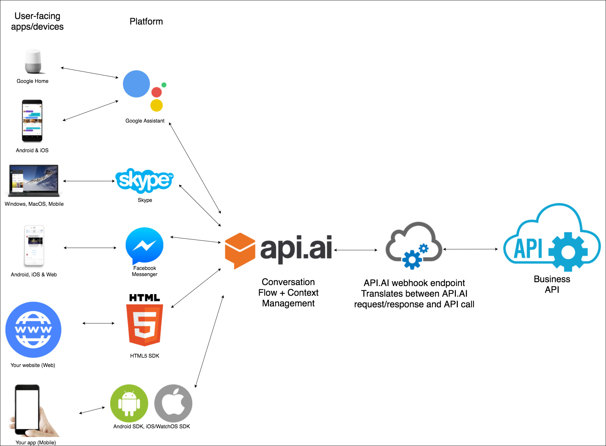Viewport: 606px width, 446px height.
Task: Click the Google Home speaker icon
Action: tap(33, 61)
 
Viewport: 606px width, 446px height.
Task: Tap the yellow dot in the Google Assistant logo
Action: tap(157, 105)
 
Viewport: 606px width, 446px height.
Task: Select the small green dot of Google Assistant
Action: tap(164, 85)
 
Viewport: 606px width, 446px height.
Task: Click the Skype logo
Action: tap(144, 181)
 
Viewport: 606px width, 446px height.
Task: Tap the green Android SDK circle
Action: tap(129, 403)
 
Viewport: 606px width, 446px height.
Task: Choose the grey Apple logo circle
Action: tap(173, 403)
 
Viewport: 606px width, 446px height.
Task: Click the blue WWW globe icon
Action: tap(33, 330)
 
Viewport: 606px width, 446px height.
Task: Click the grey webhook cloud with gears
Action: tap(414, 245)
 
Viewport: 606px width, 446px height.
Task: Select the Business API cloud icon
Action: tap(552, 237)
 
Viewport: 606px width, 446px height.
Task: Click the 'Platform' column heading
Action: tap(146, 21)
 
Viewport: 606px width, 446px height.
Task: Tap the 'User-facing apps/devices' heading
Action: tap(37, 21)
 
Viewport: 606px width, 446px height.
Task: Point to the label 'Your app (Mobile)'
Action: tap(36, 442)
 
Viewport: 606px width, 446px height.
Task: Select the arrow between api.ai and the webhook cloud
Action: tap(356, 250)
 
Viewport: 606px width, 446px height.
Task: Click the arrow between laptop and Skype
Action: tap(89, 181)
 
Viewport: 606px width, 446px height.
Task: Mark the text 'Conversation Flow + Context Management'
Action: tap(288, 292)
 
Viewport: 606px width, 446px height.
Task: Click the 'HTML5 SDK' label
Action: tap(145, 356)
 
